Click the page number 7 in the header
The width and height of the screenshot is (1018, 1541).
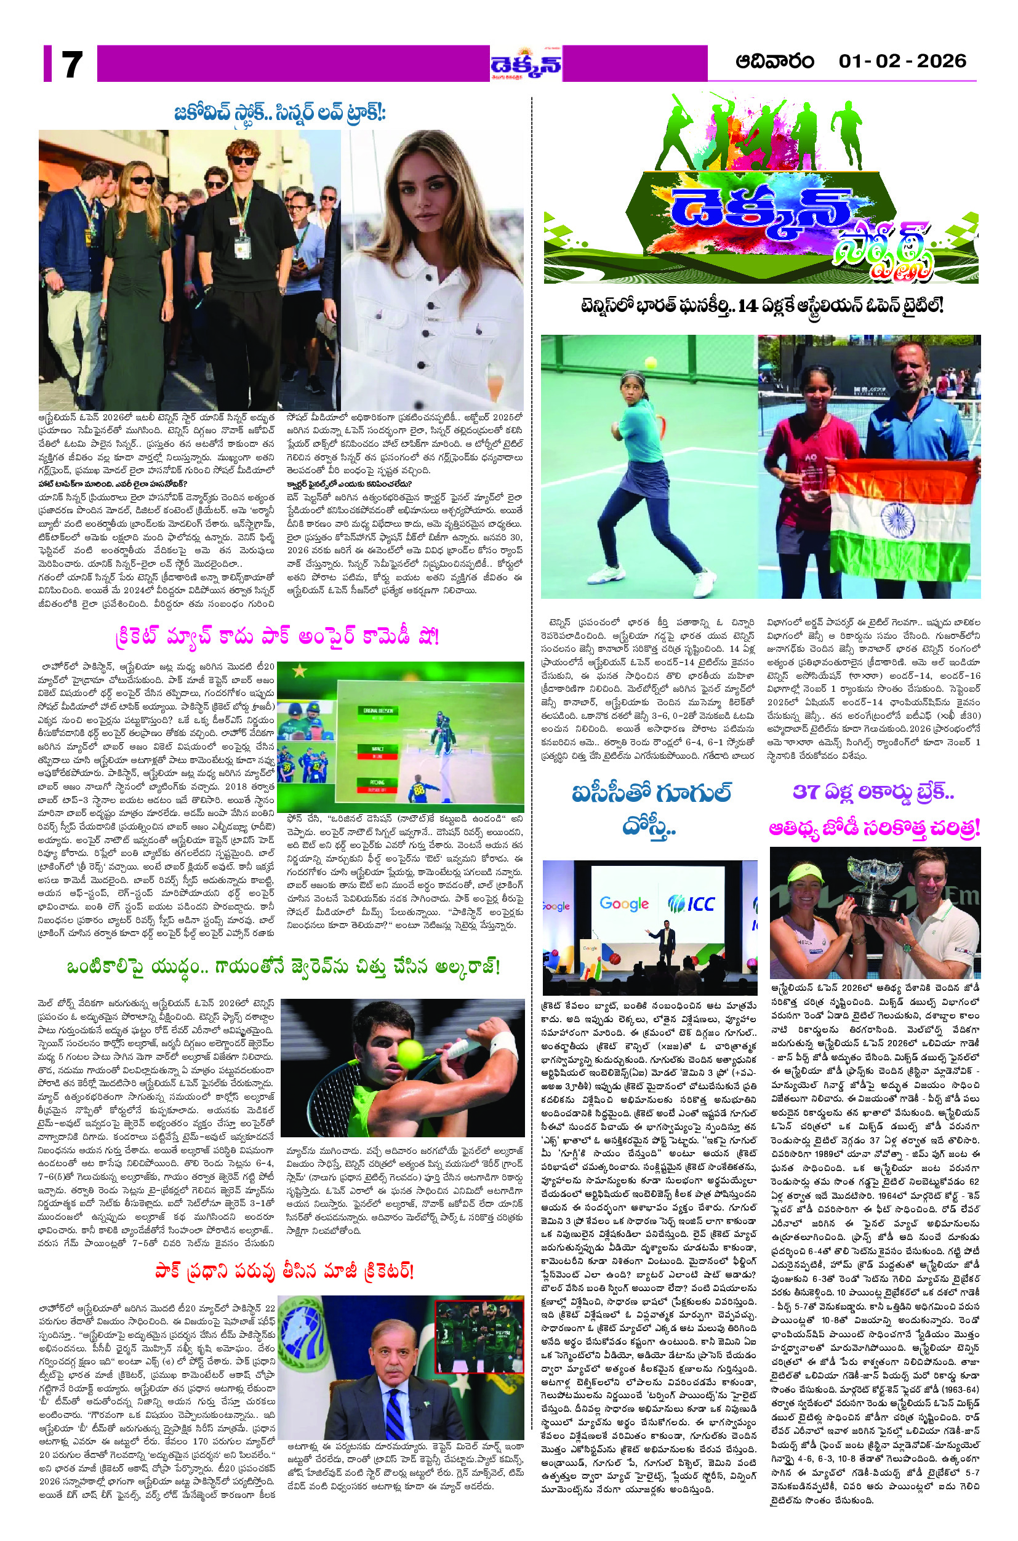click(x=71, y=64)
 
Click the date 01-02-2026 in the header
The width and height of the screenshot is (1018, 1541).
click(x=902, y=62)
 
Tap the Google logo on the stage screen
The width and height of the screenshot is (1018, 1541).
click(x=624, y=903)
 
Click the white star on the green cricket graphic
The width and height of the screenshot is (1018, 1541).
click(x=299, y=671)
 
